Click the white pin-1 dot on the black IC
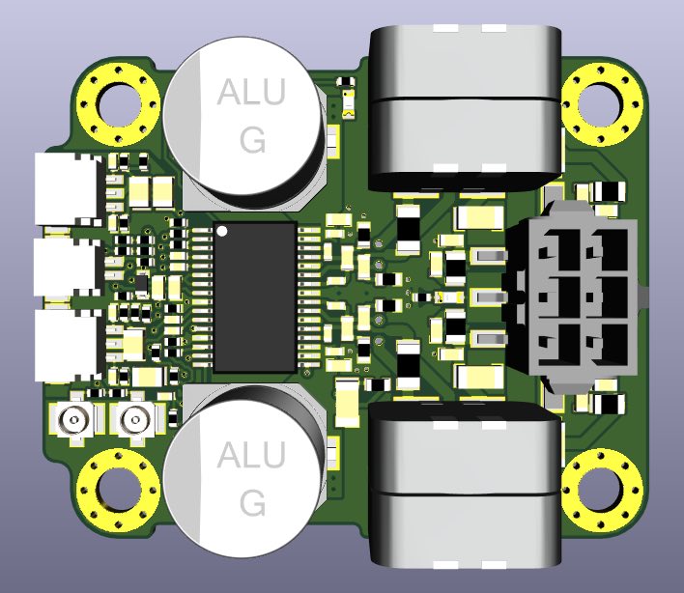tap(222, 231)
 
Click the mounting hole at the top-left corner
tap(119, 105)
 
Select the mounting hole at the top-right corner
tap(602, 105)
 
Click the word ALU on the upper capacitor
tap(251, 92)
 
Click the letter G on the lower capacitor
tap(252, 502)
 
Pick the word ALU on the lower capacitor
tap(251, 454)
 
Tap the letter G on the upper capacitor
tap(252, 139)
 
